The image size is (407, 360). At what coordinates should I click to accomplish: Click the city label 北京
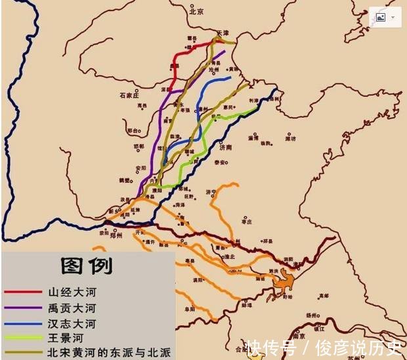(x=196, y=11)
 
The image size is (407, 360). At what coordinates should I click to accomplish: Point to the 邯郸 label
(x=139, y=146)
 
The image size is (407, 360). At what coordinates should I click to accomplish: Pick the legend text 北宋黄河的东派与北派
(x=108, y=353)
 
